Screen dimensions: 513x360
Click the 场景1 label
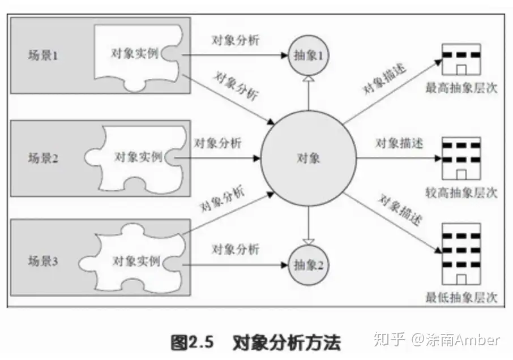[x=43, y=55]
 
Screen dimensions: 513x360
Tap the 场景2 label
[x=43, y=158]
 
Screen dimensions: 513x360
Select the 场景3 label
[x=43, y=261]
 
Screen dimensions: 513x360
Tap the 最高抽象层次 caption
[x=461, y=88]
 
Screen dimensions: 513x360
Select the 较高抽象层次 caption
[x=461, y=192]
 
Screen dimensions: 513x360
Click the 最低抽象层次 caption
[x=461, y=297]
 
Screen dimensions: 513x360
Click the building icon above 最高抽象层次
[x=461, y=59]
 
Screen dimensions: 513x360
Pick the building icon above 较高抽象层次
[x=461, y=158]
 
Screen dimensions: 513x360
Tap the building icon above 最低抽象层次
[x=461, y=254]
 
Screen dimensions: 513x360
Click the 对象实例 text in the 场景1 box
[x=135, y=53]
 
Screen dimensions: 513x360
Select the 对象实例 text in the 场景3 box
[x=136, y=261]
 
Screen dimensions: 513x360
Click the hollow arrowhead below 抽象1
[x=309, y=79]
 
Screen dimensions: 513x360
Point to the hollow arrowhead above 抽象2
[x=309, y=242]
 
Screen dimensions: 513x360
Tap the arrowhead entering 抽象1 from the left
[x=284, y=55]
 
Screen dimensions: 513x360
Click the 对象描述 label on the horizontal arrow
[x=399, y=143]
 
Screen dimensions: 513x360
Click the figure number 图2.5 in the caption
[x=192, y=342]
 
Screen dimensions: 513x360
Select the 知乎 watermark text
[x=390, y=340]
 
